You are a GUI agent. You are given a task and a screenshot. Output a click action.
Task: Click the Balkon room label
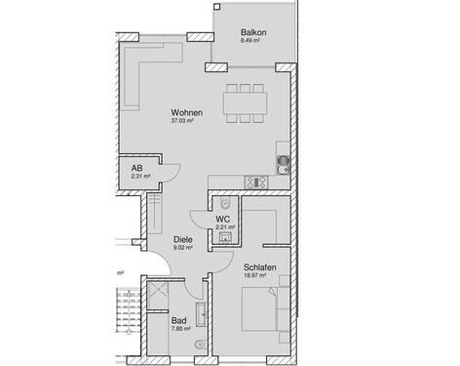tap(253, 33)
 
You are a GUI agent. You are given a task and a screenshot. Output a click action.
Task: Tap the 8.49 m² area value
tap(253, 43)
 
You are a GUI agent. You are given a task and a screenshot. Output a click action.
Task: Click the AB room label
tap(137, 168)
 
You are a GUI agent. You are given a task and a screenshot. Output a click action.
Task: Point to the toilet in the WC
tap(226, 202)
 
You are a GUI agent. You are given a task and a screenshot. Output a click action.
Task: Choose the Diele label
tap(182, 239)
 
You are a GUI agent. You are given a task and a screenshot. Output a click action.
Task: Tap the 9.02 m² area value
tap(182, 250)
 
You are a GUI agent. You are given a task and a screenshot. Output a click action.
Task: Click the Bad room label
tap(178, 320)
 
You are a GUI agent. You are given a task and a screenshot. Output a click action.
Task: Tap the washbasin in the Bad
tap(200, 314)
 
